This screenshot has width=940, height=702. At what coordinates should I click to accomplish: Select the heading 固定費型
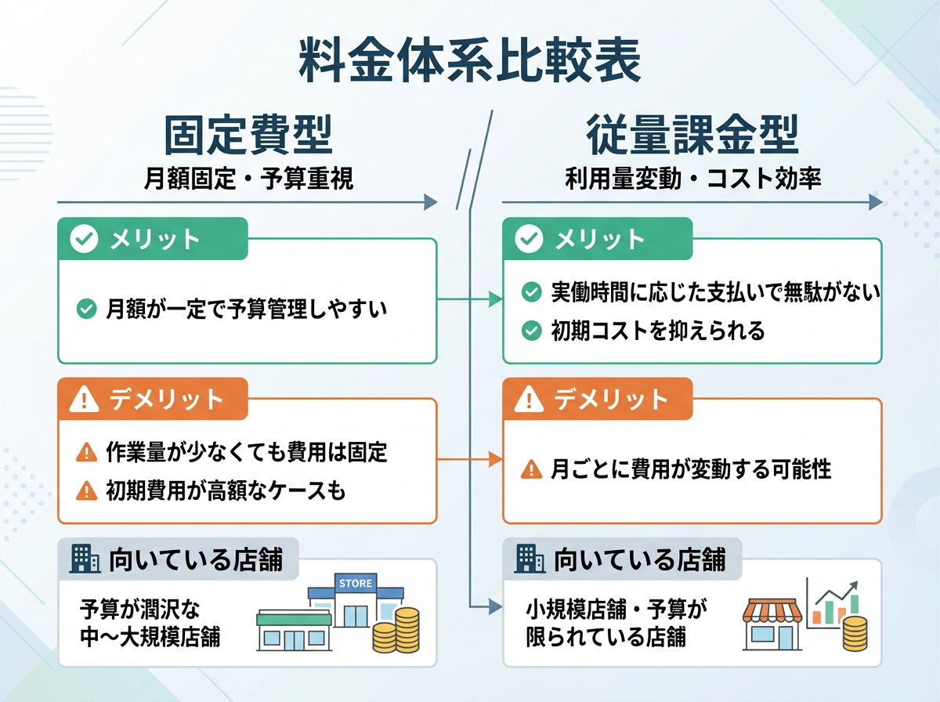248,134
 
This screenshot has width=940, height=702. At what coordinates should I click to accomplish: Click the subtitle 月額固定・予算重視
248,179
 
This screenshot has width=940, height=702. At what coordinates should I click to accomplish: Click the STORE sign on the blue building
355,584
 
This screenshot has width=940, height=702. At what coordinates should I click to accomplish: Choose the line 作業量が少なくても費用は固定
246,452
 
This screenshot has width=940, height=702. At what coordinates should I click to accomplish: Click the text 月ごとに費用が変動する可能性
690,469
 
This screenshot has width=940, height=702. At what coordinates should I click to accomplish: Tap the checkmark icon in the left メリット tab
84,240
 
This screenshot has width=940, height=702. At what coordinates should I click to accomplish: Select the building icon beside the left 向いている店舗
85,559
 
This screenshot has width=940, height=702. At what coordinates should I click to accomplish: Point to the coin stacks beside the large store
396,631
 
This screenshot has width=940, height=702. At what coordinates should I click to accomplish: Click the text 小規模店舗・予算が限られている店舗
616,623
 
